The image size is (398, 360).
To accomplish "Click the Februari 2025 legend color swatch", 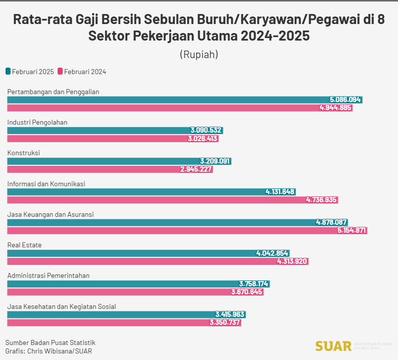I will coord(8,72).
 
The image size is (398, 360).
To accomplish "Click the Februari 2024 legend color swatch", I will coord(60,72).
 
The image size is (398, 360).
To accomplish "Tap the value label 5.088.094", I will coord(345,100).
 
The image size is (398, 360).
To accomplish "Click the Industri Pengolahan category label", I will coord(37,122).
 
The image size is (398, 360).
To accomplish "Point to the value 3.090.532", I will coord(206,130).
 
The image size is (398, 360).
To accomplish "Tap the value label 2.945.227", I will coord(196,169).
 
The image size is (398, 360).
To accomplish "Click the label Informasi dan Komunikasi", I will coord(46,184).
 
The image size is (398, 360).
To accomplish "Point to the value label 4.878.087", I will coord(331,222).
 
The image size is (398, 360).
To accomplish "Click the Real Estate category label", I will coord(24,245).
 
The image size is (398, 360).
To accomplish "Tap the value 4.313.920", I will coord(292,261).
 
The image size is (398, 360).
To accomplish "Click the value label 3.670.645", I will coord(247,292).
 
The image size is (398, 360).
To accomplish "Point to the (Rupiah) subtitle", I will coord(199,54).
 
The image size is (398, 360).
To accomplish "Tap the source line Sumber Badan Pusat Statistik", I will coord(50,342).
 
